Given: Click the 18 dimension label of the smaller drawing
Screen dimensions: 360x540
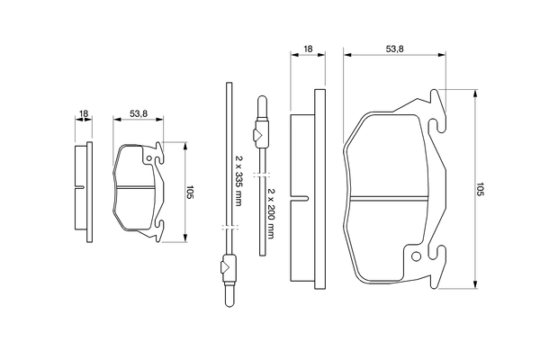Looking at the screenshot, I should [84, 114].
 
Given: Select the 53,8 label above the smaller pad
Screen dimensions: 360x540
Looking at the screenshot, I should [138, 114].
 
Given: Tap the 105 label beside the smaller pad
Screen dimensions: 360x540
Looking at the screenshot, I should [191, 192].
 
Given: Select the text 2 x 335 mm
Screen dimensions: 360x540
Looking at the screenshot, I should [238, 181].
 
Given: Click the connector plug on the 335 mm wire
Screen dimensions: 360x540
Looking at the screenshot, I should [228, 268].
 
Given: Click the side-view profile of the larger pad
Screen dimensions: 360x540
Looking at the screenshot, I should [304, 189].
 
